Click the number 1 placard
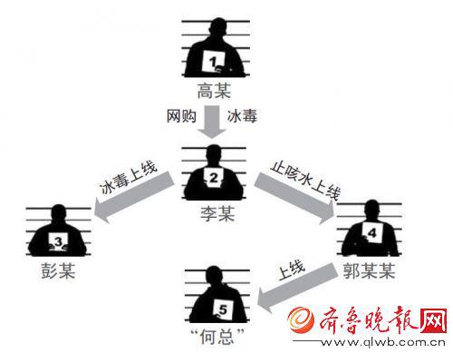click(214, 62)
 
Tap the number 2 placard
click(214, 178)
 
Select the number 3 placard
click(58, 241)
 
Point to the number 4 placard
click(372, 232)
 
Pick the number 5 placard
click(223, 309)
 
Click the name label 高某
click(214, 91)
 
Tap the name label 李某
click(217, 213)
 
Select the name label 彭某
click(58, 270)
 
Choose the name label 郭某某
click(369, 270)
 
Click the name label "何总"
click(217, 337)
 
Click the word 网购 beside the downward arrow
click(181, 116)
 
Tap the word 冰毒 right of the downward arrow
click(242, 116)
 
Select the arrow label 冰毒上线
click(129, 178)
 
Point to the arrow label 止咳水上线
click(305, 180)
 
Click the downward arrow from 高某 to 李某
click(212, 122)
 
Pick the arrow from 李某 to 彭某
click(134, 197)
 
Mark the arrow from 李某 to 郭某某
click(294, 198)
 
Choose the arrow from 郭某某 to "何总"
click(297, 288)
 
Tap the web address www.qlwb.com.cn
click(383, 342)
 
